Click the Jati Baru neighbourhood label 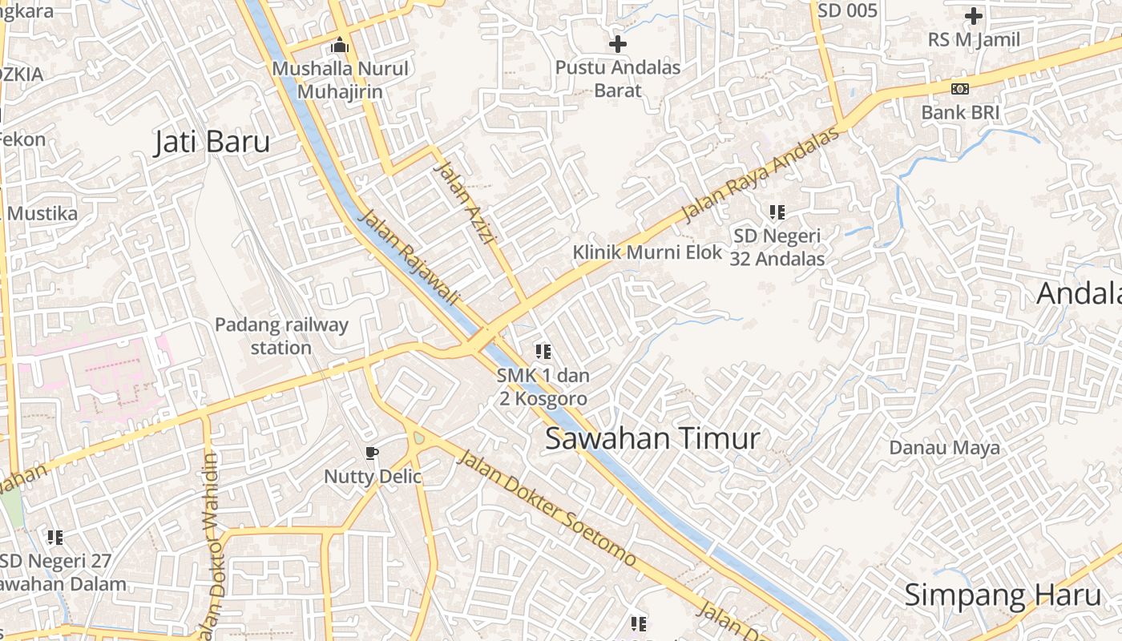click(212, 142)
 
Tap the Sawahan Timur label click(652, 438)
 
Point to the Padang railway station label click(281, 336)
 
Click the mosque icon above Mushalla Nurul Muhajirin click(340, 45)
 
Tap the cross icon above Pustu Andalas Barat click(618, 44)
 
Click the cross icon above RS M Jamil click(974, 16)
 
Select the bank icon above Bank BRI click(960, 88)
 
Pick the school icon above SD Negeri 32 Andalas click(777, 212)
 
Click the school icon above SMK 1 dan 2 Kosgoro click(543, 351)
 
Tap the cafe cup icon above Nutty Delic click(372, 454)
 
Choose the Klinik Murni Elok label click(648, 252)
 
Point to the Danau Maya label click(944, 447)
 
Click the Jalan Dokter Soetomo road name click(547, 508)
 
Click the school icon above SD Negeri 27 click(54, 537)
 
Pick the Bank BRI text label click(960, 112)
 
